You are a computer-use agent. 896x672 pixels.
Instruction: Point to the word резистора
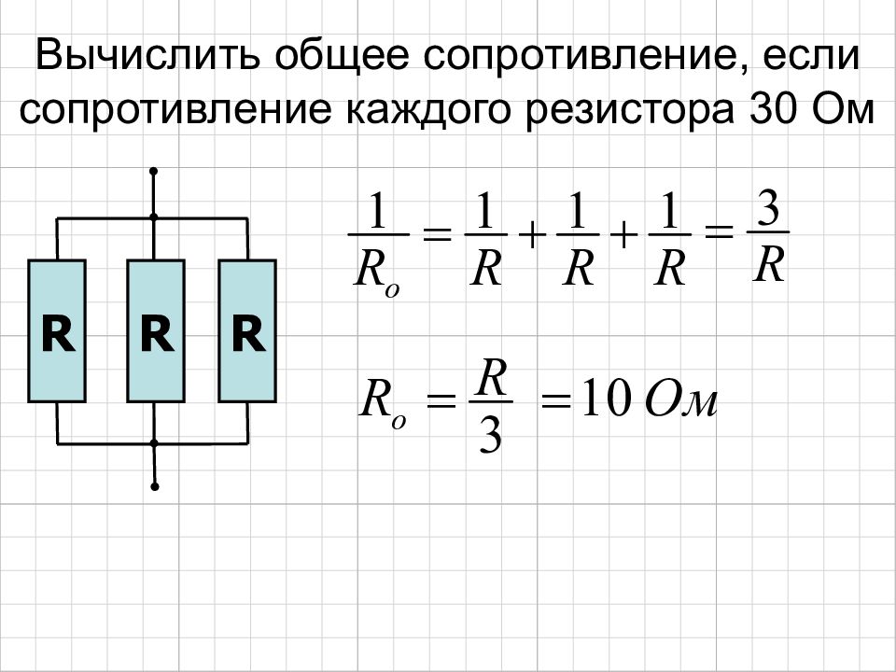629,110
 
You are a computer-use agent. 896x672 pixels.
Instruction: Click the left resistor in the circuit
57,331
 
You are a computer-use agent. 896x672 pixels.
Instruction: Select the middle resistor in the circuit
156,331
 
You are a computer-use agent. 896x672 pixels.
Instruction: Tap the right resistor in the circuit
247,331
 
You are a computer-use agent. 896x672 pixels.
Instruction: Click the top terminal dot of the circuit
153,171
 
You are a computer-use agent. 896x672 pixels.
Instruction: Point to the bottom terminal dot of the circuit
154,487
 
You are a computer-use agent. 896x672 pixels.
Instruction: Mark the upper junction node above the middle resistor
153,217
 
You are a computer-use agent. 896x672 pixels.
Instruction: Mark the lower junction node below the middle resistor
154,442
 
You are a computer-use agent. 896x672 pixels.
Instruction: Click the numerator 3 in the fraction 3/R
767,209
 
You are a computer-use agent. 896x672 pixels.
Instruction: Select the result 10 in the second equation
606,401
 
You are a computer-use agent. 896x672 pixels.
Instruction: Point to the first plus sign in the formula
531,235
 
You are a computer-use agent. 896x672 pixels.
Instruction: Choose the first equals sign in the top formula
437,233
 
